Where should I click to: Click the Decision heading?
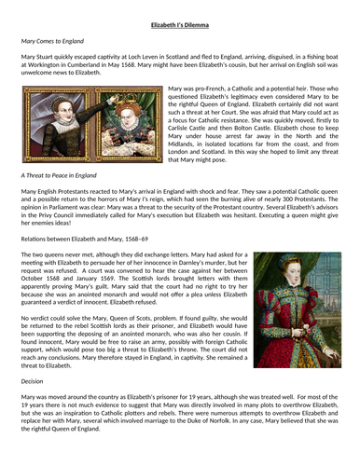click(x=34, y=380)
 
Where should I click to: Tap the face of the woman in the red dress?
click(x=291, y=267)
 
